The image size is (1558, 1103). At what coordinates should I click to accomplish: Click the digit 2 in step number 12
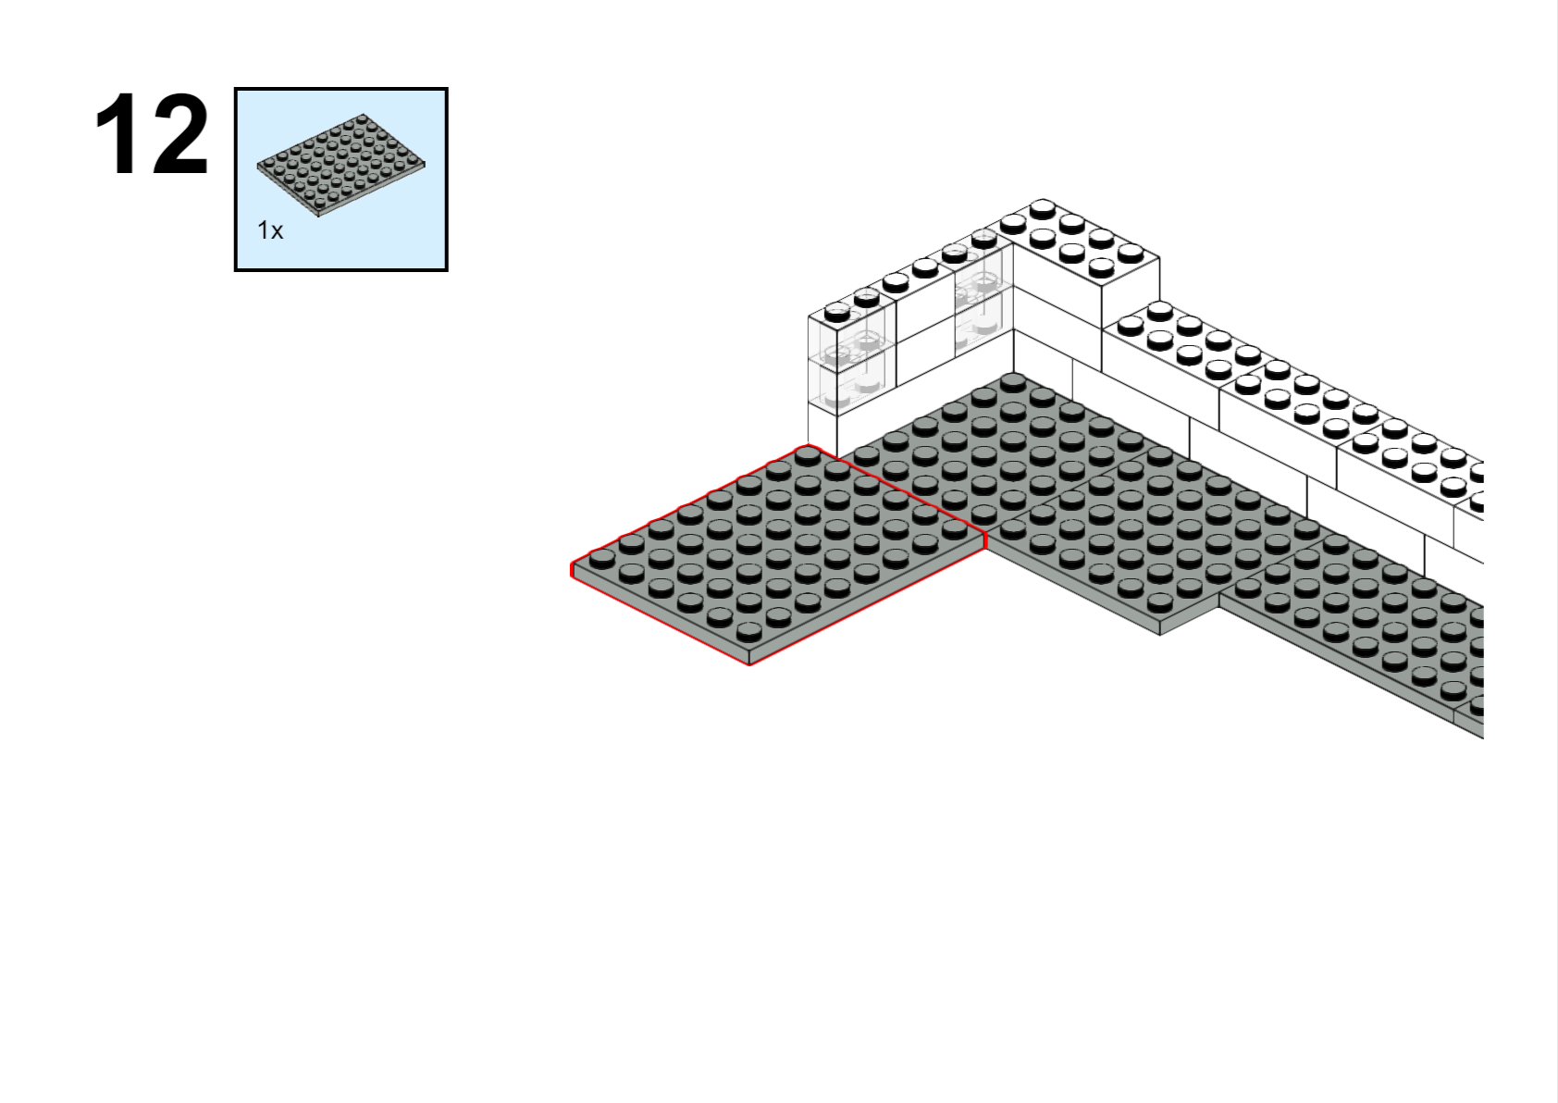pos(178,133)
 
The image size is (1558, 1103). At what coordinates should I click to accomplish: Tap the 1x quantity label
pos(270,230)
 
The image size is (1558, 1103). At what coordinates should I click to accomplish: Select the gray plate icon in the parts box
pos(340,165)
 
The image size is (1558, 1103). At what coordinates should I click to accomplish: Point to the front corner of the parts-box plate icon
pos(318,216)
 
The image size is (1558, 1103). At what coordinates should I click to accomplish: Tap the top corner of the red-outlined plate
pos(808,445)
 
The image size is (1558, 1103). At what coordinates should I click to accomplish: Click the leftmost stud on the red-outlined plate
pos(602,558)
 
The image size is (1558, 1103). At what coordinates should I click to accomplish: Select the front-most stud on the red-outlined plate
pos(749,631)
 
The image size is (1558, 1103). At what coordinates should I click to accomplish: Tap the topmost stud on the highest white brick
pos(1043,208)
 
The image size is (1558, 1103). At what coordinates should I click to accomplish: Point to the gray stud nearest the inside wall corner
pos(1013,382)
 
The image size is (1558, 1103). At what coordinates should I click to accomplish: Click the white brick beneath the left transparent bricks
pos(822,429)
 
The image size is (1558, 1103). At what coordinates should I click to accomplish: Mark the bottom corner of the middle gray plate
pos(1160,634)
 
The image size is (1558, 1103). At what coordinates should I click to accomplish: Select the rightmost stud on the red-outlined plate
pos(954,528)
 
